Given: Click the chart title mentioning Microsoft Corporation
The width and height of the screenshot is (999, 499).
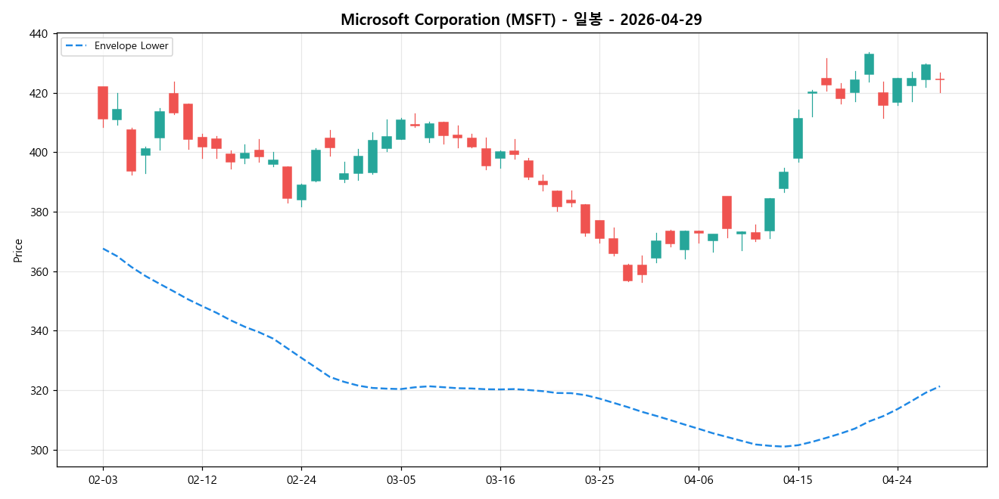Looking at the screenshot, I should [x=521, y=20].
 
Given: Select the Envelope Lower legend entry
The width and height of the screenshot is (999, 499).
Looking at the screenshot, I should [x=127, y=46].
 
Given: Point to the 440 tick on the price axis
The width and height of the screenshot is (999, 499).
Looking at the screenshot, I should [x=39, y=34].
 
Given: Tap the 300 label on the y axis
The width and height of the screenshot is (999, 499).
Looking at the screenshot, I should [x=39, y=451].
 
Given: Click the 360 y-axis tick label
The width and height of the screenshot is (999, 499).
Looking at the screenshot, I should [x=39, y=272].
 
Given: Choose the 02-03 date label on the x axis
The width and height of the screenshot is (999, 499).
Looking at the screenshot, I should [x=103, y=479].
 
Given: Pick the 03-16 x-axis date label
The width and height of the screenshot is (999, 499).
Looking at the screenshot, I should [x=499, y=479].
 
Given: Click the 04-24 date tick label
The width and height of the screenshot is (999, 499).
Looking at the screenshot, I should [x=897, y=479].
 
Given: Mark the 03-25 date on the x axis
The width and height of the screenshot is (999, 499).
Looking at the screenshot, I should [x=599, y=479].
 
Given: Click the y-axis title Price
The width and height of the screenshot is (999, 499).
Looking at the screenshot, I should [x=18, y=250].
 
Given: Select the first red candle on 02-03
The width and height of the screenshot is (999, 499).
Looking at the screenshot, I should [x=103, y=103].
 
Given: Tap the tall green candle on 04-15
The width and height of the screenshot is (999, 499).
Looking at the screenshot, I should [x=798, y=138].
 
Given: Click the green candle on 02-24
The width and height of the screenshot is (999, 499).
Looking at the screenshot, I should [x=301, y=192].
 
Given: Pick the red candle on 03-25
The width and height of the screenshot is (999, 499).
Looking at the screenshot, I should [x=599, y=229].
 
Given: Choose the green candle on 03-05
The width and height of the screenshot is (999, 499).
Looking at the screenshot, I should [x=400, y=129].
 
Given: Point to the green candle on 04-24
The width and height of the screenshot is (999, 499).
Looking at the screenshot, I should [x=897, y=90].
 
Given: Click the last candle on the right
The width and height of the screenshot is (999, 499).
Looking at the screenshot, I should [x=939, y=79].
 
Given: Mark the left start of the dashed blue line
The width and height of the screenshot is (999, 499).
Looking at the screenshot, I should [x=103, y=248].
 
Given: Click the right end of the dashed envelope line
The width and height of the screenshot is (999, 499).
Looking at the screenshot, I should [x=939, y=386].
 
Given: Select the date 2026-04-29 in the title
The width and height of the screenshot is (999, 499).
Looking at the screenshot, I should [x=661, y=20].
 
